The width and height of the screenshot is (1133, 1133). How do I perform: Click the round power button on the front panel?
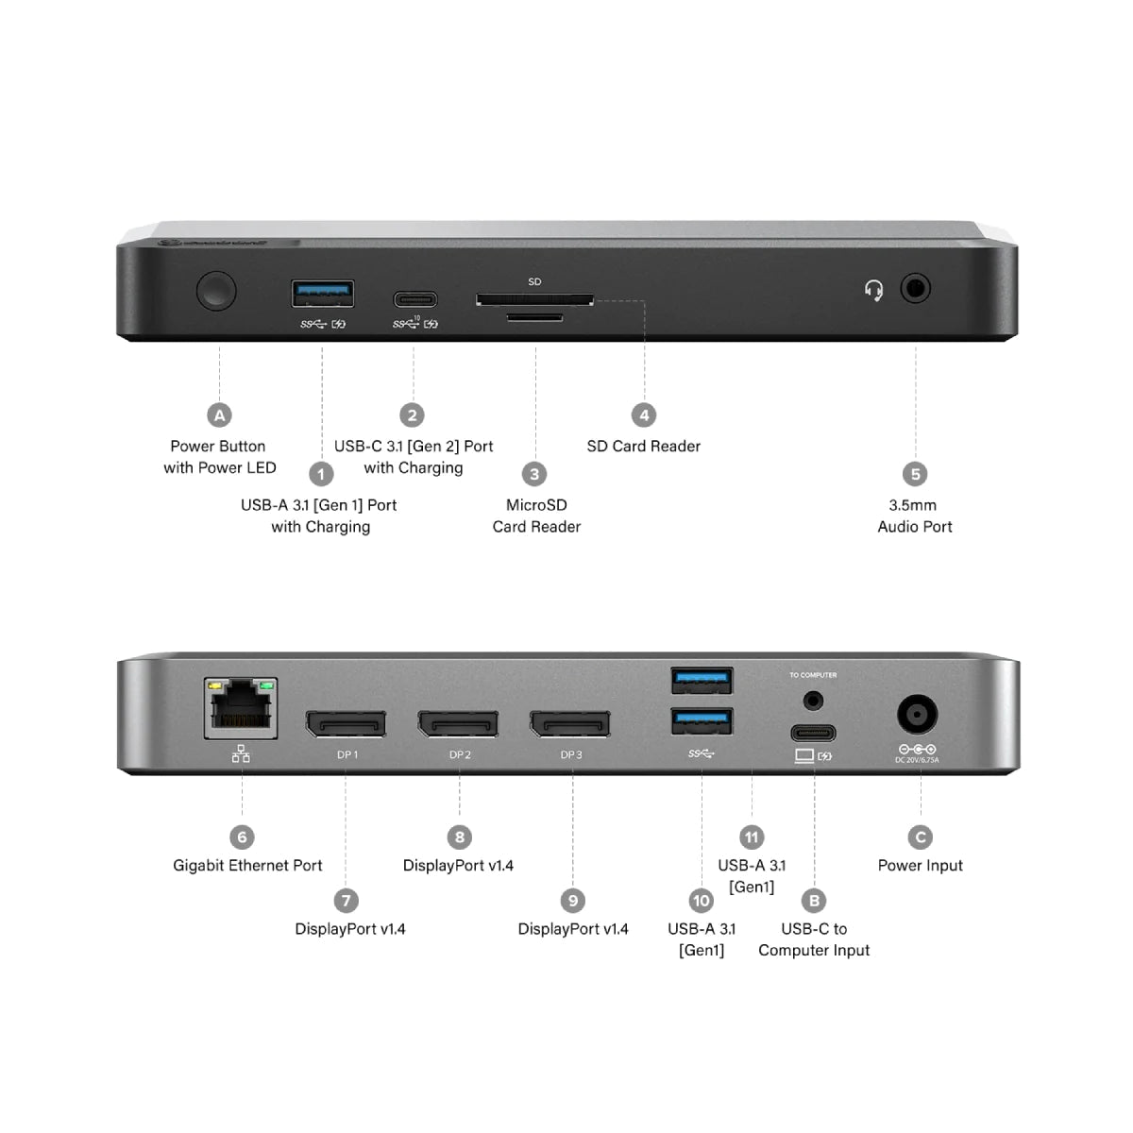pos(216,291)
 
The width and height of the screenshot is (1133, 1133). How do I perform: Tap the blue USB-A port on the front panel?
pos(323,295)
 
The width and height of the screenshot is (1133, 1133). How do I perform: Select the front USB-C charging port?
pos(415,300)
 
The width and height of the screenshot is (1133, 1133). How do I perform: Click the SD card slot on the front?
pos(535,299)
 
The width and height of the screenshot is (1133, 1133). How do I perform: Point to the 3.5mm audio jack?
pos(915,289)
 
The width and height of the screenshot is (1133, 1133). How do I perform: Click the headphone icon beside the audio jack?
pos(874,290)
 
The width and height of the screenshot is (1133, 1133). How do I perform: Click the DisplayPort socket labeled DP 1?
pos(346,724)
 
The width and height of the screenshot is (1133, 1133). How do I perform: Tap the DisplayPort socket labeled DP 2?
pos(459,724)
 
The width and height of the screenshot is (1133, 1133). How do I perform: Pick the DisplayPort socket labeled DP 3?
pos(570,724)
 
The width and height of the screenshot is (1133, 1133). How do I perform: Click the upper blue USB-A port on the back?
pos(702,680)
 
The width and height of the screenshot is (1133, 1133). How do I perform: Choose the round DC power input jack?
pos(917,716)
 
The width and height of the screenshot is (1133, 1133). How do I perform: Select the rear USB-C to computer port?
pos(813,733)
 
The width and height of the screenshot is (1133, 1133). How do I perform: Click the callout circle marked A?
pos(219,415)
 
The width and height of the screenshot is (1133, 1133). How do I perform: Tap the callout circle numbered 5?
pos(914,474)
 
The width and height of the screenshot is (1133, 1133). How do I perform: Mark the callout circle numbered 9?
pos(572,901)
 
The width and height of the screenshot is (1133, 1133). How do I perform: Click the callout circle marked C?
pos(920,837)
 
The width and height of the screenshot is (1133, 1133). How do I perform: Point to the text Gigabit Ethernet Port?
pos(247,866)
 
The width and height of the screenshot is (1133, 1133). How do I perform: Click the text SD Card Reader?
pos(643,447)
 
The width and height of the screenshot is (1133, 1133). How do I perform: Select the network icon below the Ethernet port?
pos(241,753)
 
